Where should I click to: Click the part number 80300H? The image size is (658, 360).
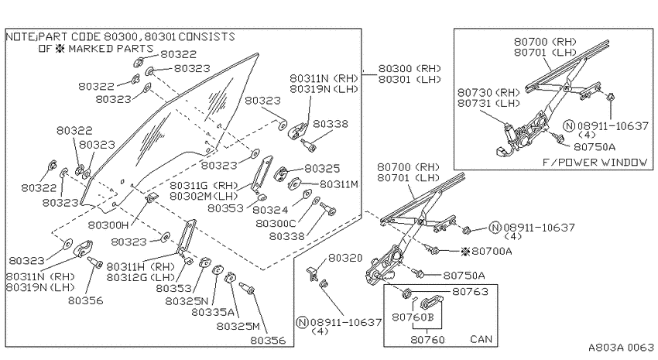coord(108,225)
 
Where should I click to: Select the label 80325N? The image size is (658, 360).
coord(187,301)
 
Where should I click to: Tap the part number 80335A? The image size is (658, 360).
coord(213,313)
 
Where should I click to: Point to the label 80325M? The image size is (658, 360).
coord(238,326)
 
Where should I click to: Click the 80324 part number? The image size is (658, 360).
coord(270,209)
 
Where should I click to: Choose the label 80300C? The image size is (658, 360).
coord(276,224)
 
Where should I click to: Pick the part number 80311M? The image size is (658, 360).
coord(339,184)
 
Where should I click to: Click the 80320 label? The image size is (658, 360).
coord(345,258)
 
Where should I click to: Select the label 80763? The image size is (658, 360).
coord(470,292)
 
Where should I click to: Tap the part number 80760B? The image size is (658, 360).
coord(413,317)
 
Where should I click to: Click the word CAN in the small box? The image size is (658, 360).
coord(481,339)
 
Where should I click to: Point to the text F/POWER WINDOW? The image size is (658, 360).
coord(595,163)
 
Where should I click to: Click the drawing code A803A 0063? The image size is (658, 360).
coord(621,348)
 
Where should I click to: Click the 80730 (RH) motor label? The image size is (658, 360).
coord(488,92)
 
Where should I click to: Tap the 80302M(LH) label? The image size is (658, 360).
coord(204,196)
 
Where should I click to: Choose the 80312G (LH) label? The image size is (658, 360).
coord(141,277)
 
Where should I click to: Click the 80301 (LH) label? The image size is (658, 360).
coord(410,79)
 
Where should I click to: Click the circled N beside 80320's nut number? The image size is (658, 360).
coord(302,322)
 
